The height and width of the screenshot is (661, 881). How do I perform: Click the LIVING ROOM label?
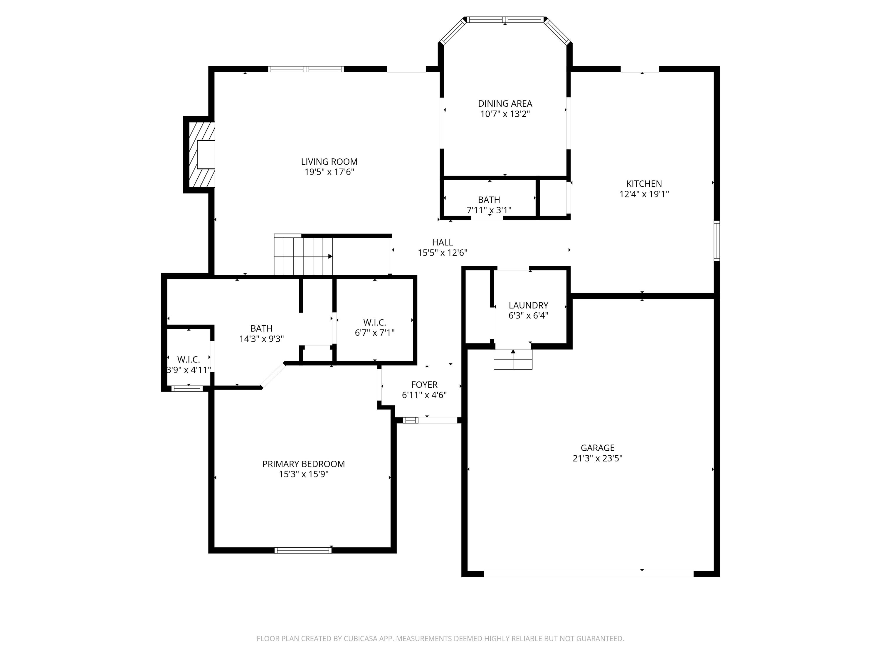[329, 162]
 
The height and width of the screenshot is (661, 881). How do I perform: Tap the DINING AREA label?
[505, 104]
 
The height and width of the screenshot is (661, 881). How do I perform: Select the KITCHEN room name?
[644, 184]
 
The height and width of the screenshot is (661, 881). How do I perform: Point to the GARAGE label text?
[597, 448]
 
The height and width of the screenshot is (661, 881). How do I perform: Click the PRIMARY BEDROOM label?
[303, 464]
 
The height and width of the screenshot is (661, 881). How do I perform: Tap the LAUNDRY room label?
[529, 305]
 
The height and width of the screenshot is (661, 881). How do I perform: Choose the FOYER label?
[424, 385]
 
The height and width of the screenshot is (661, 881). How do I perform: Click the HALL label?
[443, 242]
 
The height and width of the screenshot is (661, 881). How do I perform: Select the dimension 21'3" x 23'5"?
[597, 458]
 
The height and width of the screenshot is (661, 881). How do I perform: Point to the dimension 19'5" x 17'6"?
[329, 172]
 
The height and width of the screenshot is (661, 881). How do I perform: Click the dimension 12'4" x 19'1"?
[644, 194]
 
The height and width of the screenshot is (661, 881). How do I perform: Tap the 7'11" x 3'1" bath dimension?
[489, 210]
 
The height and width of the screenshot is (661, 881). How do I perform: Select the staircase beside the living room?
[303, 255]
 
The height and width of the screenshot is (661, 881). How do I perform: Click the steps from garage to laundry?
[513, 359]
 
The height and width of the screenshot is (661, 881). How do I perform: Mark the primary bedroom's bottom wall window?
[303, 550]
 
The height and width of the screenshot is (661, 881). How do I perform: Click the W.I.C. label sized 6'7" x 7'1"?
[375, 322]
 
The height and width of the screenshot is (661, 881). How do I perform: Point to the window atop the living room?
[306, 69]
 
